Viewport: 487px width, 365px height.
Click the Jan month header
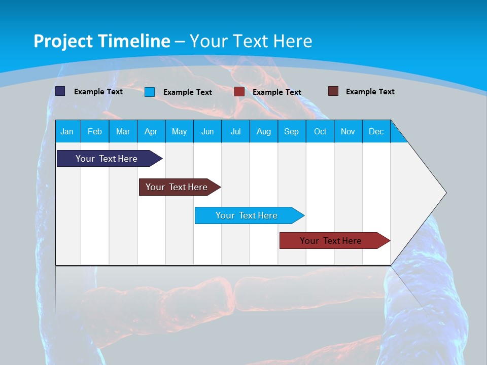(67, 131)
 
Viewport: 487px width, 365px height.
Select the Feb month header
(95, 131)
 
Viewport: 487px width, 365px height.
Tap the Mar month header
(123, 131)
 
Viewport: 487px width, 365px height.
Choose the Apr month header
(151, 131)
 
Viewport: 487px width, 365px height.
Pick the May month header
(179, 131)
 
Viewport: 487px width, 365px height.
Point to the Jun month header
(207, 131)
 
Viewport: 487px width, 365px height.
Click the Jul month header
(235, 131)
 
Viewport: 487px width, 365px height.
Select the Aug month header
(264, 131)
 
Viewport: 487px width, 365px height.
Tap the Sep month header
(292, 131)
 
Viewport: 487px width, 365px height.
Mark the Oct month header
(320, 131)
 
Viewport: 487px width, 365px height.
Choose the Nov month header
(348, 131)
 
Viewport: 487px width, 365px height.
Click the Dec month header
(376, 131)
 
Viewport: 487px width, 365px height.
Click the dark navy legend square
(60, 91)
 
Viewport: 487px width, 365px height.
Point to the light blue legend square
(150, 92)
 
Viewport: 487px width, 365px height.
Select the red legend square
(239, 92)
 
